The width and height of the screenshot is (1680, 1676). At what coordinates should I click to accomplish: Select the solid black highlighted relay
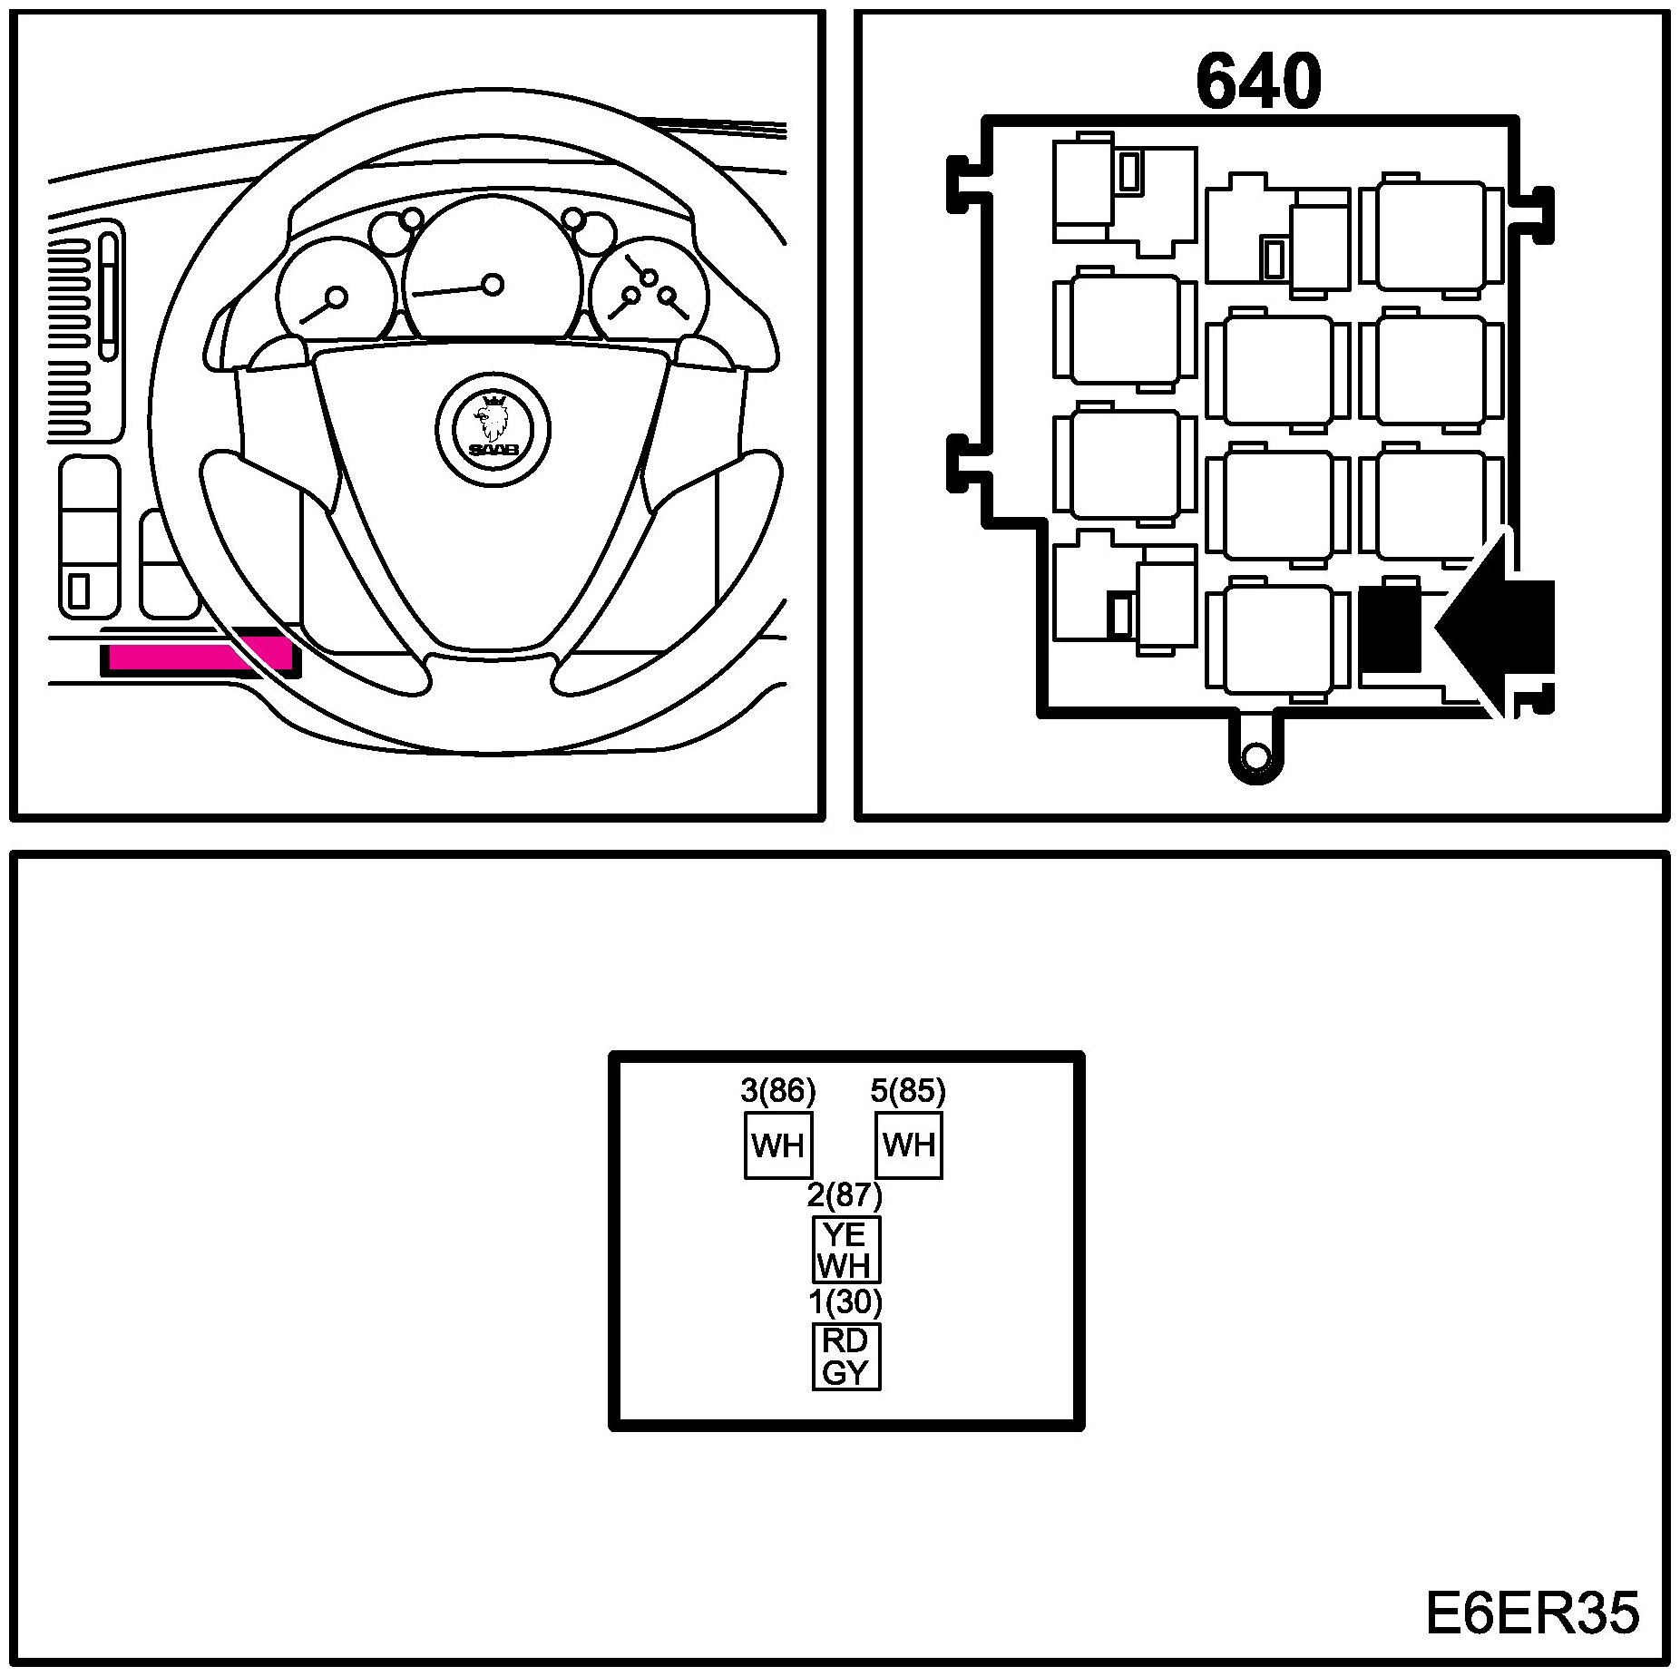(x=1390, y=628)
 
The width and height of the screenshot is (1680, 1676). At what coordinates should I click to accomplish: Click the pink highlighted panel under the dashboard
(x=195, y=656)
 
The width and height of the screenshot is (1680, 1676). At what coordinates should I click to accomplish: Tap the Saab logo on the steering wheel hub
(x=492, y=423)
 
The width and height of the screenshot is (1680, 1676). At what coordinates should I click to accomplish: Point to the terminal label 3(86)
(x=778, y=1092)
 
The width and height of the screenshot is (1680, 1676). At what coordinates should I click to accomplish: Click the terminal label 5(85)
(x=908, y=1092)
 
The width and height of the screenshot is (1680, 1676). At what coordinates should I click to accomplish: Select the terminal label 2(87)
(x=845, y=1196)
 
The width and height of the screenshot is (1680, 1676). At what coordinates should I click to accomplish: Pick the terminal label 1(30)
(x=845, y=1302)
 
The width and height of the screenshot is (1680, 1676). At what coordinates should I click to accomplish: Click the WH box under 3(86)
(x=778, y=1145)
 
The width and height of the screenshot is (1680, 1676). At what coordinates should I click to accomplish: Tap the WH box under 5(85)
(x=909, y=1145)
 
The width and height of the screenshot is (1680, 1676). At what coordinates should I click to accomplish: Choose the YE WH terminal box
(x=845, y=1249)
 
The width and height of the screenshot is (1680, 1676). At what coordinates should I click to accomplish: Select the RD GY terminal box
(x=845, y=1356)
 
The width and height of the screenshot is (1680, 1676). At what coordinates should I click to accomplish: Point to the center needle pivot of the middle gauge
(x=493, y=285)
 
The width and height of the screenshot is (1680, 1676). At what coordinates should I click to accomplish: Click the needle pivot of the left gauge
(x=337, y=297)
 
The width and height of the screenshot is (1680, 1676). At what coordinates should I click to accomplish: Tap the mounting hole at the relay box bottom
(x=1255, y=755)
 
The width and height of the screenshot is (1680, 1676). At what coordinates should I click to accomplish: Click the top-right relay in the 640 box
(x=1431, y=235)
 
